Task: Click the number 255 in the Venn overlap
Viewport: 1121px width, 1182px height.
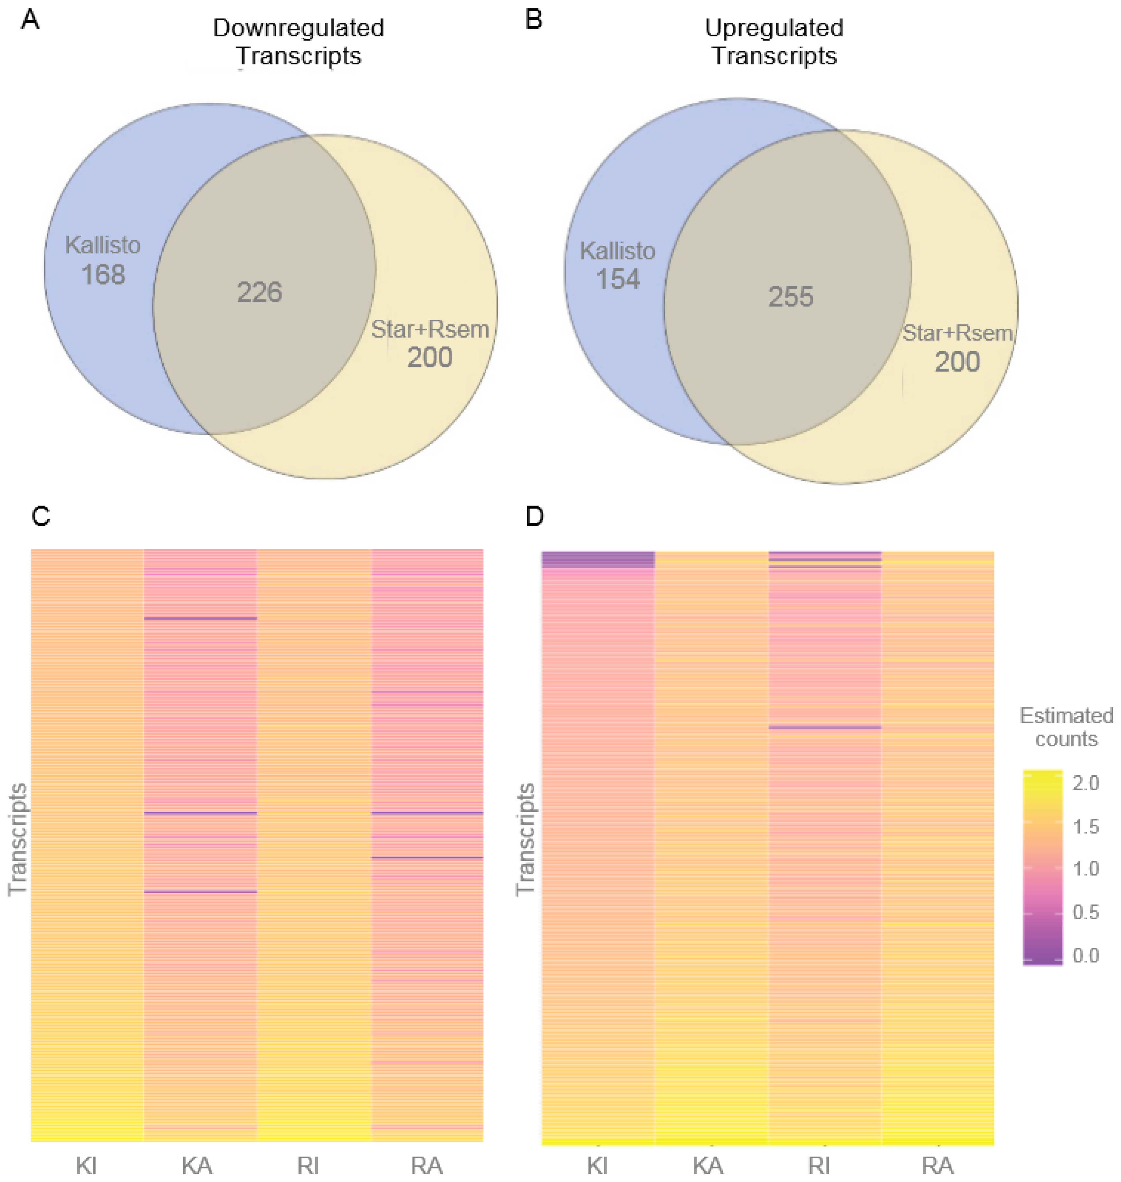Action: pyautogui.click(x=791, y=297)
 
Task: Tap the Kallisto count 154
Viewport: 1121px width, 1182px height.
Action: pyautogui.click(x=618, y=279)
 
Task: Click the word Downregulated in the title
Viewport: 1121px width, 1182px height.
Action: pyautogui.click(x=298, y=28)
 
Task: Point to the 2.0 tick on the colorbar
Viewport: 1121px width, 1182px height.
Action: pyautogui.click(x=1085, y=783)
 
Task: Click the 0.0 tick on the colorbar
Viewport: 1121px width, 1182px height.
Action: pyautogui.click(x=1085, y=956)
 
